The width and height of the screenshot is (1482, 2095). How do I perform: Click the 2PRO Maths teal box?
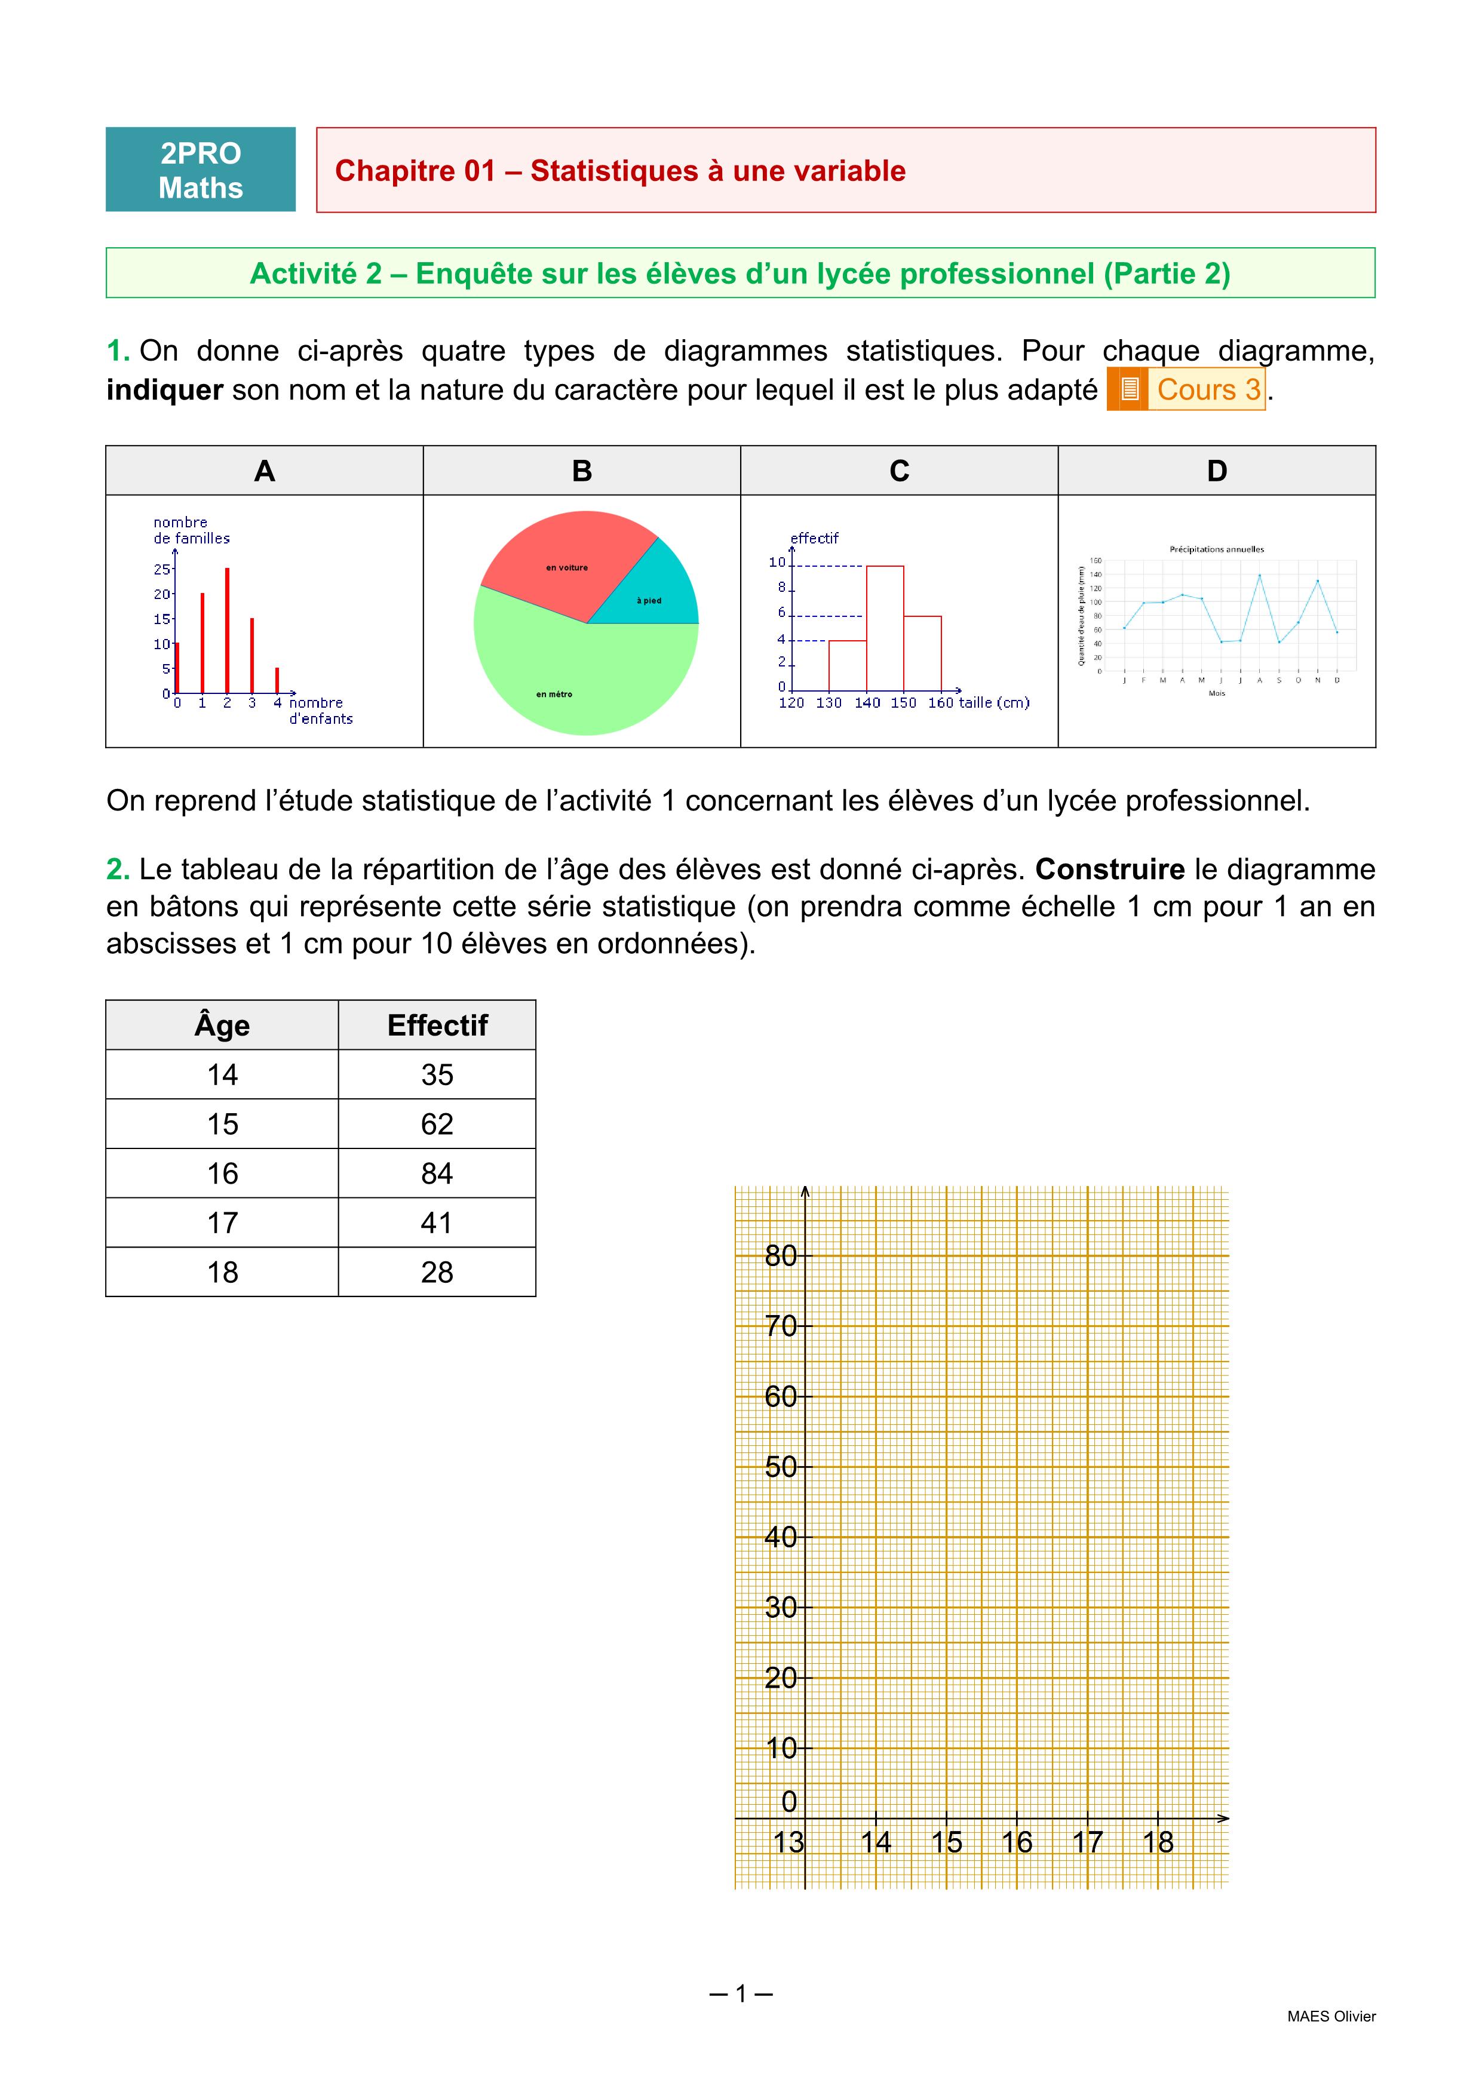[x=201, y=170]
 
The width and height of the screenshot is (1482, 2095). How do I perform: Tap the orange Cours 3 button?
[x=1186, y=389]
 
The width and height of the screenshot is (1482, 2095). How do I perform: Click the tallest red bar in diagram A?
[x=227, y=629]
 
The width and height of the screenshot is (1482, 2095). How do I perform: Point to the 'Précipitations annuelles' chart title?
[x=1216, y=549]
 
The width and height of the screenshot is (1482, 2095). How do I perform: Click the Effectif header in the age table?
[x=437, y=1025]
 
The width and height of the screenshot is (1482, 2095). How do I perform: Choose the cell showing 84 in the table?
[x=437, y=1174]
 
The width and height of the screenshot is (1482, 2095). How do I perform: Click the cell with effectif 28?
[x=437, y=1272]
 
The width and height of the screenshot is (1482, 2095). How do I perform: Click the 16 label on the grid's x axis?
[x=1017, y=1842]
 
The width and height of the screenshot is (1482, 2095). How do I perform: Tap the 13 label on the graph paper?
[x=788, y=1842]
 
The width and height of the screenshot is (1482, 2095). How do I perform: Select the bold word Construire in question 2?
[x=1110, y=870]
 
